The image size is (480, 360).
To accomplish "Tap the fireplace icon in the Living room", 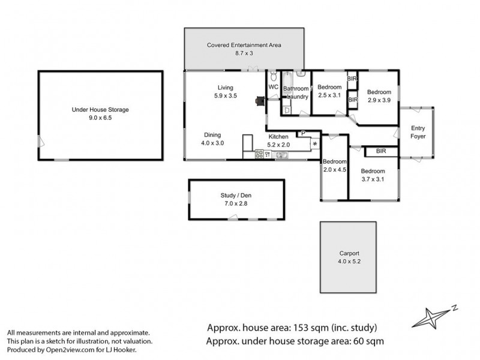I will point(259,102).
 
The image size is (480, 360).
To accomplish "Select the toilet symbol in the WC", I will point(274,76).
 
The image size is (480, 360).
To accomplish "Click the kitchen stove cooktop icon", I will point(260,154).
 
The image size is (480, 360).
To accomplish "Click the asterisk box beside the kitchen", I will point(314,145).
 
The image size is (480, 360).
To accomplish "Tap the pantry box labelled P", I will point(303,133).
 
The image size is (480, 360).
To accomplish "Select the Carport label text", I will point(349,253).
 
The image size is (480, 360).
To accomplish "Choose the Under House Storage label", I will point(100,110).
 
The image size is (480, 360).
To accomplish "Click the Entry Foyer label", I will point(418,132).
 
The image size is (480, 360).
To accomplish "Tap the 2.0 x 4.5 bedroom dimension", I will point(334,170).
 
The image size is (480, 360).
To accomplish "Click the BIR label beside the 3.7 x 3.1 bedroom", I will point(380,151).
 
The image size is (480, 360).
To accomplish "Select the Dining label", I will point(212,134).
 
